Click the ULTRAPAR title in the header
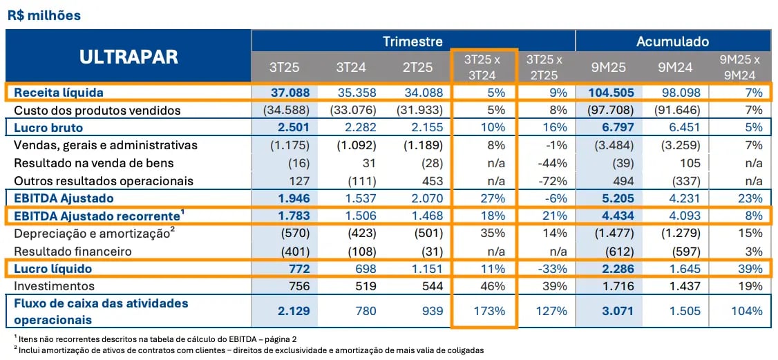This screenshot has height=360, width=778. [128, 57]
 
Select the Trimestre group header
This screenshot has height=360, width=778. [412, 41]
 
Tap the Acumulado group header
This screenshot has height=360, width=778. [672, 41]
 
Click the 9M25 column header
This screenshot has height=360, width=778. [609, 67]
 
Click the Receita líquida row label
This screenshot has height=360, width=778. [57, 92]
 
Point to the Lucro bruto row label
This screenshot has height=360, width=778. [46, 127]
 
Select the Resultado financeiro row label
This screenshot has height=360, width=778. [72, 251]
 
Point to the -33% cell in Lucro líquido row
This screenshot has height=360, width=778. [554, 268]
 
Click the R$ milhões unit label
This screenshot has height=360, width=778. [44, 15]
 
